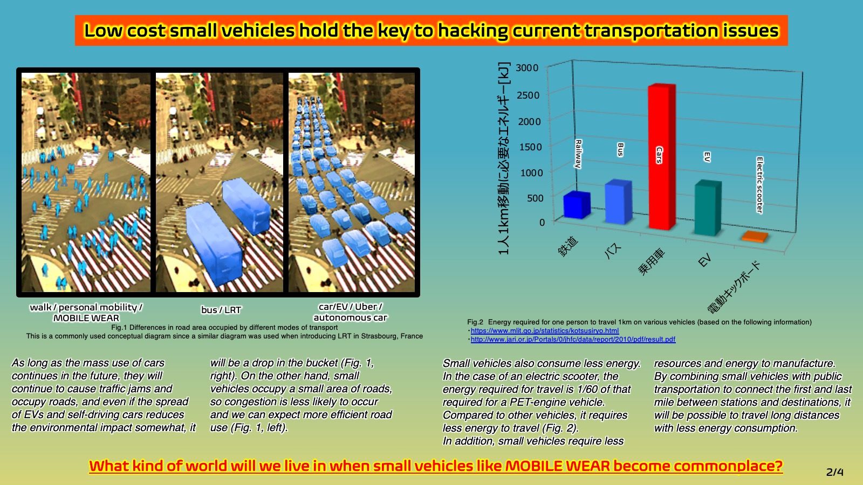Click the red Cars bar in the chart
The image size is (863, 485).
coord(662,157)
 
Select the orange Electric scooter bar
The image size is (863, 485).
coord(755,237)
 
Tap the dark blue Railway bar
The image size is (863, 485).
coord(577,205)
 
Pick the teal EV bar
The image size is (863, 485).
coord(708,207)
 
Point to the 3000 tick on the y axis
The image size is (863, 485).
coord(527,68)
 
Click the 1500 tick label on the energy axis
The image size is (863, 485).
coord(530,147)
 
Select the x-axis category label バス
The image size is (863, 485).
coord(612,251)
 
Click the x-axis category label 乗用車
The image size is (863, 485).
coord(651,262)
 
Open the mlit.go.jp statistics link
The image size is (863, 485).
coord(545,331)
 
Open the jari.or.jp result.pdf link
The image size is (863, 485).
coord(573,339)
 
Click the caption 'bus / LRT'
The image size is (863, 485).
coord(221,310)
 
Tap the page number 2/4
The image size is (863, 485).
coord(835,472)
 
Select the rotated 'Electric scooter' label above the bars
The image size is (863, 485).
coord(760,185)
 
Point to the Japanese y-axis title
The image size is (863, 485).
coord(504,158)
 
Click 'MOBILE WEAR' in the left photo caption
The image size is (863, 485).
coord(86,318)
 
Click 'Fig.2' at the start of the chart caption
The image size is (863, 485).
coord(475,322)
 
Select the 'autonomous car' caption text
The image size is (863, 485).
coord(350,317)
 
